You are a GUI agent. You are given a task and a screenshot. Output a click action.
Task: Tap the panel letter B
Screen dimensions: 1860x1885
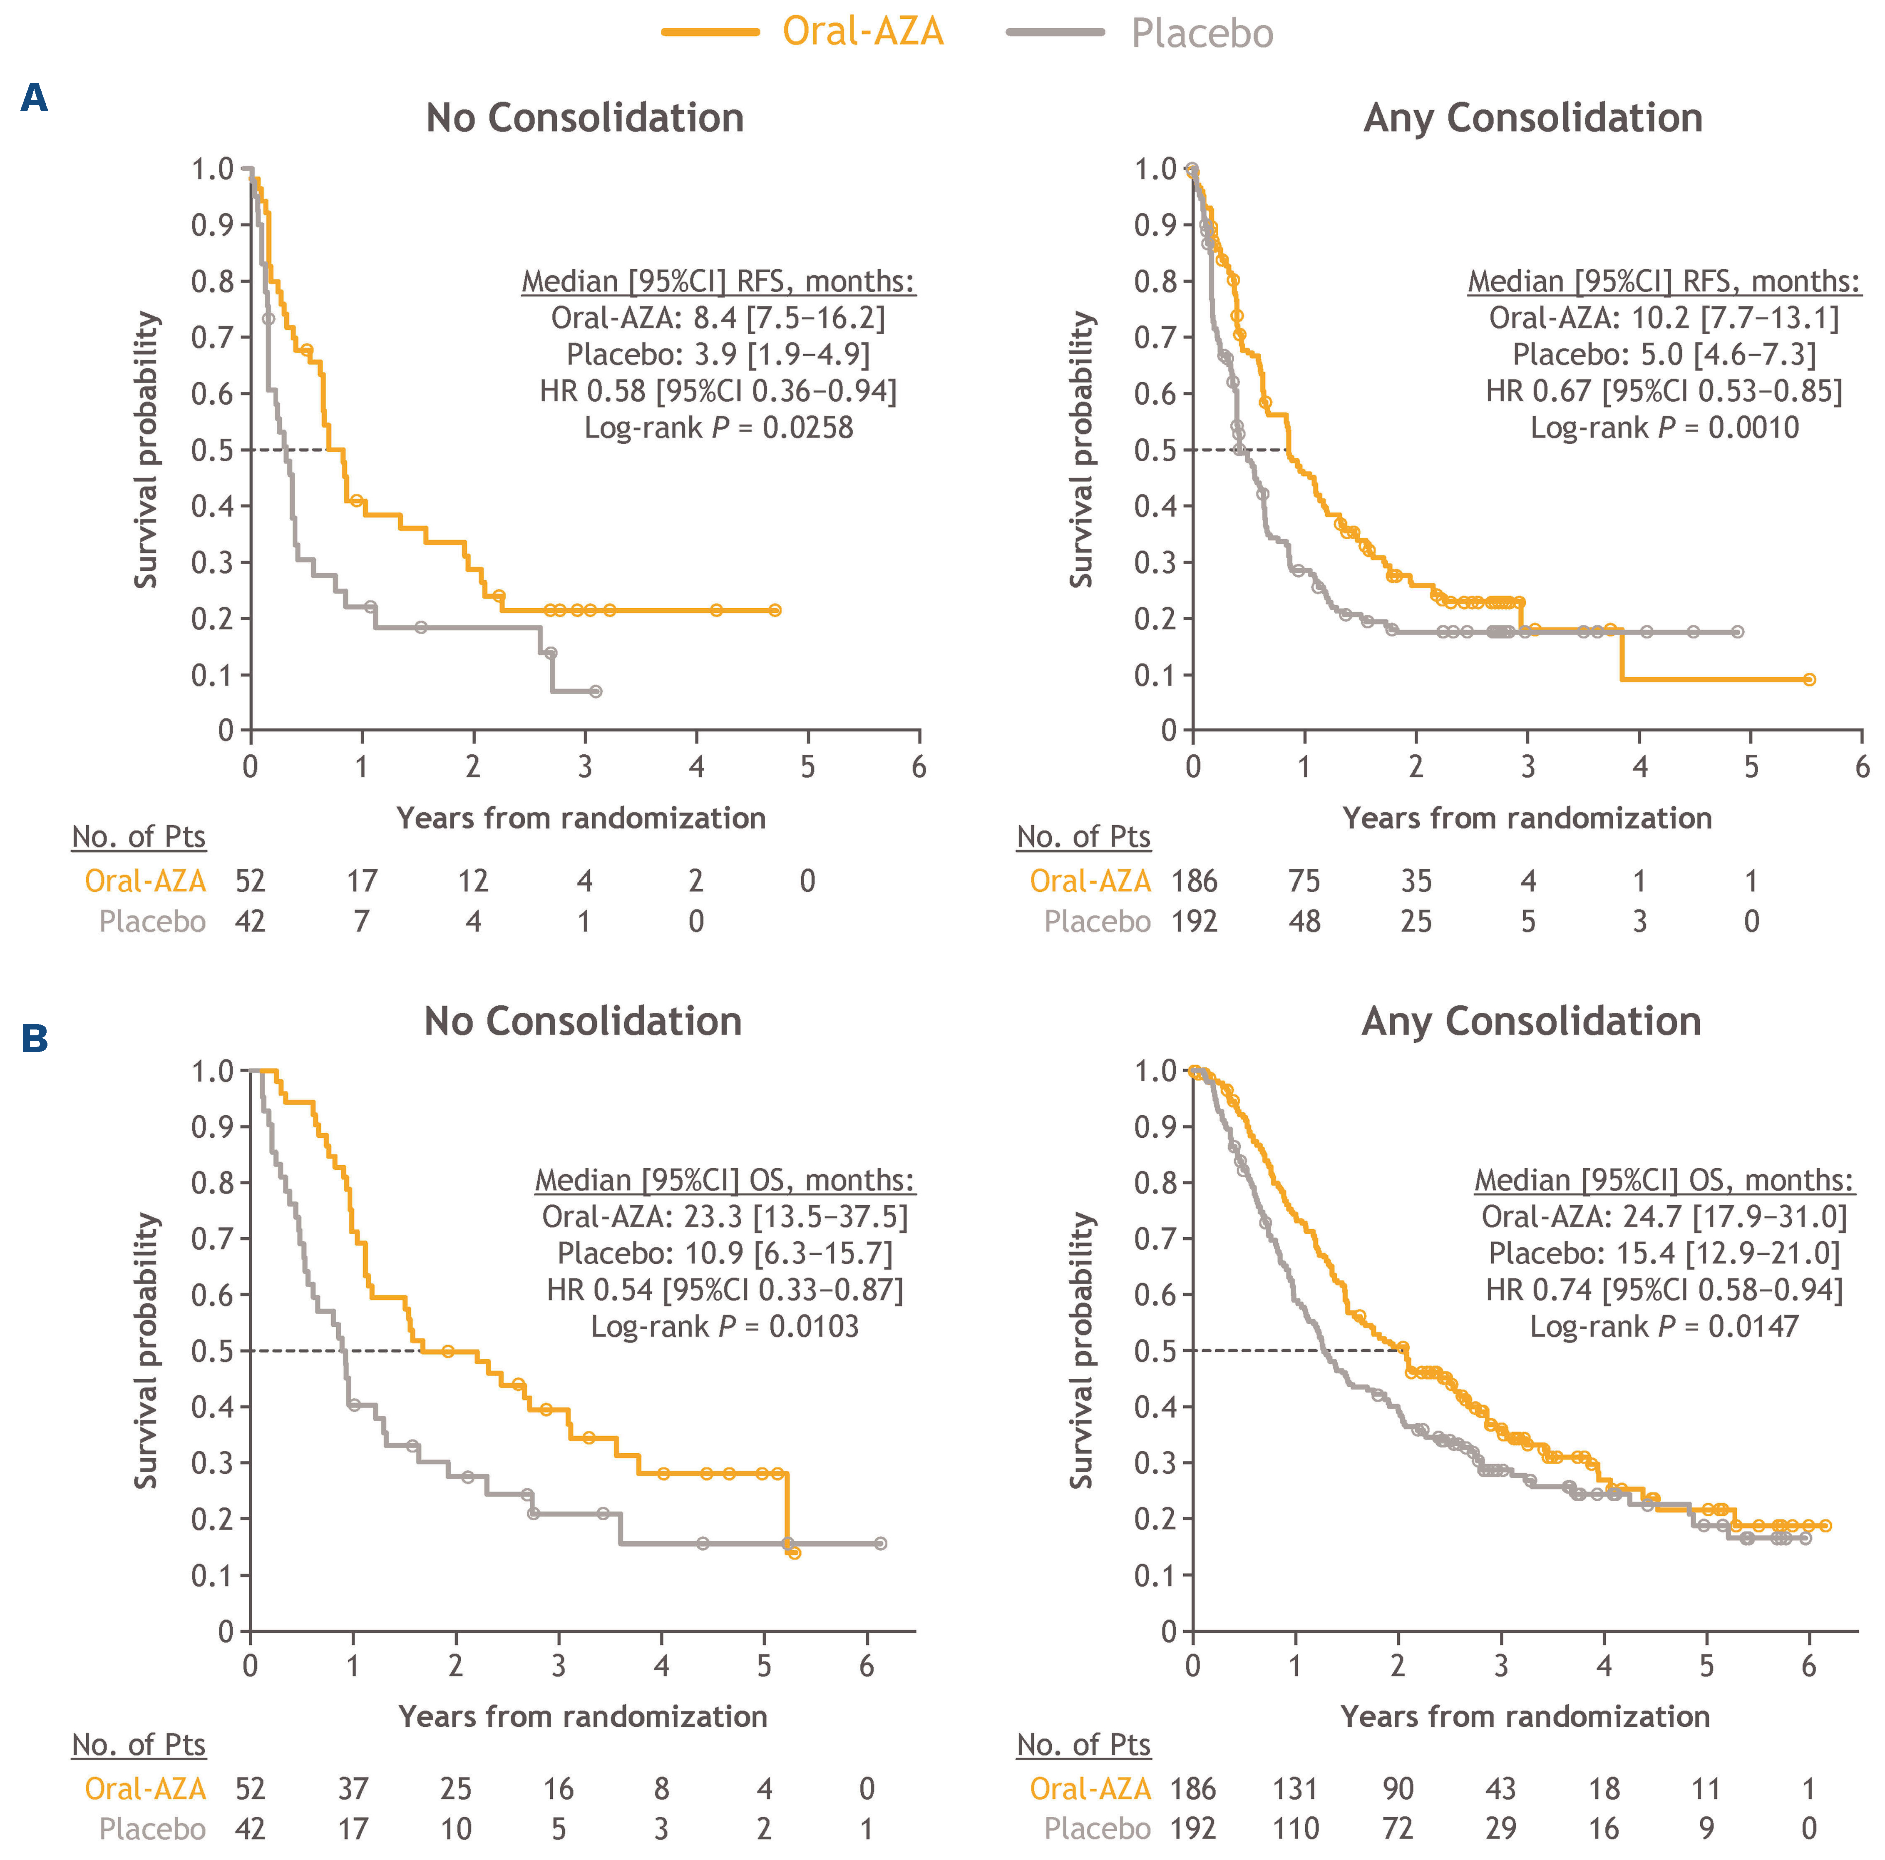click(35, 1038)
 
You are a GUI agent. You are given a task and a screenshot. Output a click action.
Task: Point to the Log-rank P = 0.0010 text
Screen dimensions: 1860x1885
click(1664, 428)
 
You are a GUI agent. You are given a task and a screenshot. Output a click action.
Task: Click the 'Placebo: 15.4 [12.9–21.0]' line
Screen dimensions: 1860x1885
click(1664, 1253)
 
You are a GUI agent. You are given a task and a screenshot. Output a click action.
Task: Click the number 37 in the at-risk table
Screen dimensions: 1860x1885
click(353, 1789)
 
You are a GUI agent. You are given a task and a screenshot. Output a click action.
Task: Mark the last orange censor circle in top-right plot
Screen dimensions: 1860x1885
click(1809, 679)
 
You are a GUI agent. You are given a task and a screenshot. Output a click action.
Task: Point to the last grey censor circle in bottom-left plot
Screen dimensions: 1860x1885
click(880, 1544)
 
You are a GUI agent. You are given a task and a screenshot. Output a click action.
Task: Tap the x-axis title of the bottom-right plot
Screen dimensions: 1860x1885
click(1525, 1716)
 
